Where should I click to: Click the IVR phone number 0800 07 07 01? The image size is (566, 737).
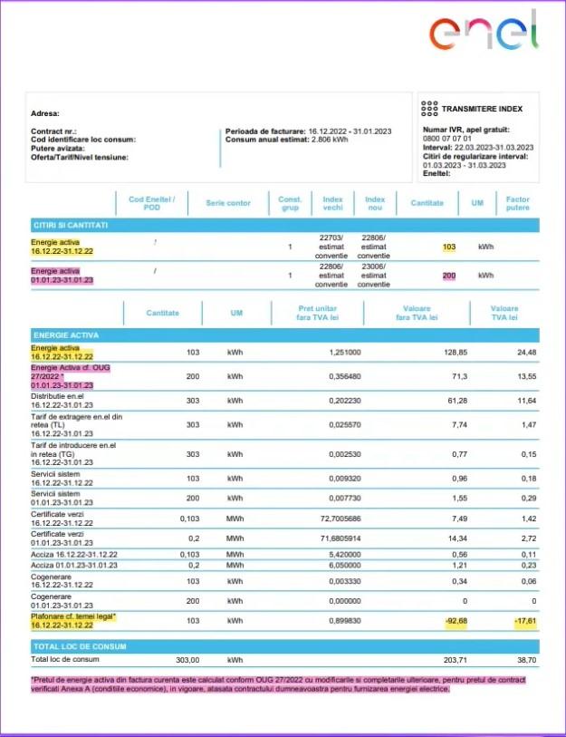(447, 138)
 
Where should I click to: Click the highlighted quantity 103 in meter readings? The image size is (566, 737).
(449, 247)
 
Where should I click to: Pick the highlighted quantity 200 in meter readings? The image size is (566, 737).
(449, 275)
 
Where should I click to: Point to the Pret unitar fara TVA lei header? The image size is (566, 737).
(317, 313)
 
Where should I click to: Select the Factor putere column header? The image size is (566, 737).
(517, 203)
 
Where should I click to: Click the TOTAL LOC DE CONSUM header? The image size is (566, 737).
(80, 646)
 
